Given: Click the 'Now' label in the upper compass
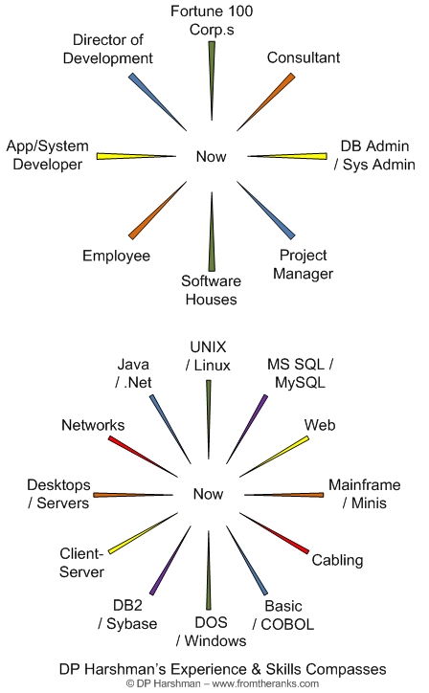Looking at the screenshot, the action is click(211, 156).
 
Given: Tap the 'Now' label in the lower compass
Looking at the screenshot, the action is click(208, 494).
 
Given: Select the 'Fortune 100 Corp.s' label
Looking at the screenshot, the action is click(212, 20).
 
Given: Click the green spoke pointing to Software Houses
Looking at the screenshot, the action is click(212, 232).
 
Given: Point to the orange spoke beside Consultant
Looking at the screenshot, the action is click(266, 102).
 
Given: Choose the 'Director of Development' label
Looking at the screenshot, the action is click(108, 49).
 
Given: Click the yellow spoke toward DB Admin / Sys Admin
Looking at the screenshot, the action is click(287, 156).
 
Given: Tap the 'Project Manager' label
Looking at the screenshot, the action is click(303, 264).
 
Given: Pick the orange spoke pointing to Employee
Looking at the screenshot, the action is click(157, 211).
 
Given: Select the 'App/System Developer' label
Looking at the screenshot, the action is click(47, 155).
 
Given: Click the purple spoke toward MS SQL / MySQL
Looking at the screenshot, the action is click(247, 429).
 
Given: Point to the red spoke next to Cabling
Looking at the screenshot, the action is click(274, 533).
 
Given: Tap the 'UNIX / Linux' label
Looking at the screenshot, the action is click(208, 356).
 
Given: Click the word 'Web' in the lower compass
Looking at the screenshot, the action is click(320, 425).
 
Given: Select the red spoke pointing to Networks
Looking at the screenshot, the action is click(143, 457).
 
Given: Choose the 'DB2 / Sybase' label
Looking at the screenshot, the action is click(127, 615).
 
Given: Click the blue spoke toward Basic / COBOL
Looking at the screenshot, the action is click(247, 560).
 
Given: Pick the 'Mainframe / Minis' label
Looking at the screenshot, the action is click(365, 494).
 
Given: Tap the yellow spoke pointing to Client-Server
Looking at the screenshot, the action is click(143, 533).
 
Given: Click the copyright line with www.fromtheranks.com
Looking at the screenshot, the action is click(222, 683).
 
